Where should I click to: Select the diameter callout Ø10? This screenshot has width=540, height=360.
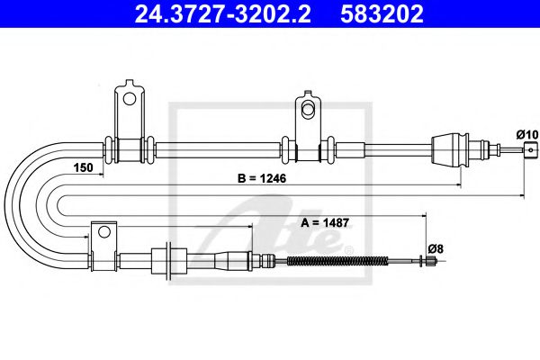point(526,134)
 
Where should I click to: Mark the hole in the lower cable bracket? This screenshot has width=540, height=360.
point(103,233)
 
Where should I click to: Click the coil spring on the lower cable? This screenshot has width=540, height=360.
point(337,262)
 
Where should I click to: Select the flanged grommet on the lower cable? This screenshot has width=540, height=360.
point(166,262)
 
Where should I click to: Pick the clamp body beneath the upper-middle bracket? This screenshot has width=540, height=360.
point(306,148)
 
